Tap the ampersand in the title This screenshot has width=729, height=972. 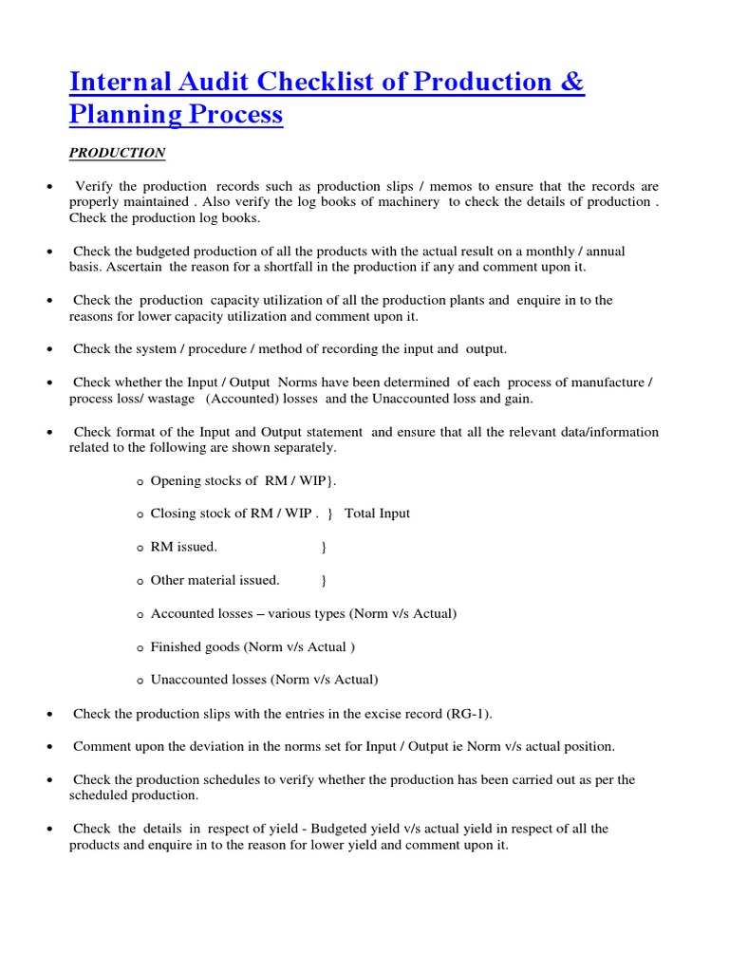pos(572,83)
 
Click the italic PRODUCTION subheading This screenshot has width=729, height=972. pos(117,153)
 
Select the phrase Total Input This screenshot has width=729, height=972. pos(377,514)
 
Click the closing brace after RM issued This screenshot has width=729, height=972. pos(324,547)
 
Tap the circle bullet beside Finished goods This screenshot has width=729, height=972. pos(140,647)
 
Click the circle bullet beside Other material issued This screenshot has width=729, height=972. pos(140,581)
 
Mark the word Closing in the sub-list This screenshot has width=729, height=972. pos(174,514)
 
